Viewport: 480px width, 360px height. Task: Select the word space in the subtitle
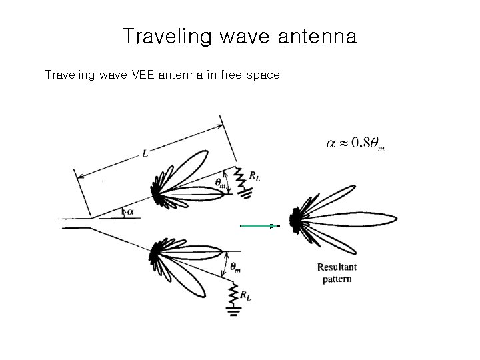pyautogui.click(x=262, y=75)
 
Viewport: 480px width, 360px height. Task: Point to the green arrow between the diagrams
pyautogui.click(x=259, y=227)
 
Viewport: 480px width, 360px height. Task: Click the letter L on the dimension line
pyautogui.click(x=145, y=154)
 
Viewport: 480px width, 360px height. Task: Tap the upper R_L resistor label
pyautogui.click(x=255, y=176)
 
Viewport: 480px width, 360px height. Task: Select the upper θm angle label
pyautogui.click(x=220, y=182)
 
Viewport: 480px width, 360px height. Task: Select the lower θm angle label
pyautogui.click(x=236, y=267)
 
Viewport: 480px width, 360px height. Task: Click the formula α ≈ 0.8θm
pyautogui.click(x=355, y=143)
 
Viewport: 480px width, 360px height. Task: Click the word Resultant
pyautogui.click(x=337, y=267)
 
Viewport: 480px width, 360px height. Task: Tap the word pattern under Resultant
pyautogui.click(x=337, y=279)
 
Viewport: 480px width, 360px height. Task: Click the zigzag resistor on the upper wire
pyautogui.click(x=241, y=177)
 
